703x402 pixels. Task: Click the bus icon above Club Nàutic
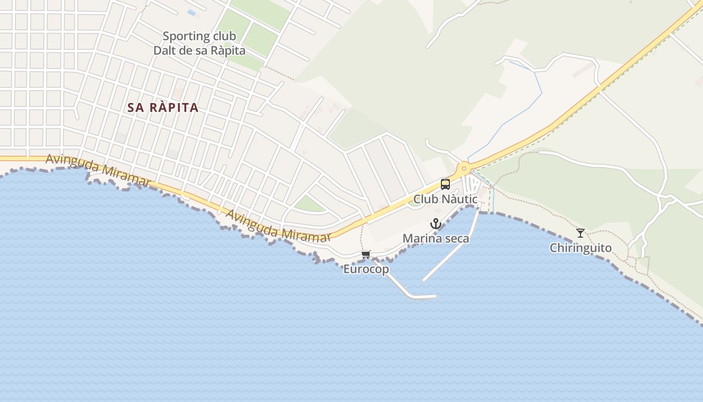coord(445,184)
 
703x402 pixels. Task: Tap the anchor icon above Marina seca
coord(436,224)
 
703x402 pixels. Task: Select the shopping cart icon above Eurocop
coord(366,255)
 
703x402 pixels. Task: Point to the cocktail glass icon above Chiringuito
coord(580,233)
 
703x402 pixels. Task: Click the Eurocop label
coord(366,269)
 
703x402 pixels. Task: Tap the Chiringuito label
coord(580,248)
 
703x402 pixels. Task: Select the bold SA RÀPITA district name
coord(163,108)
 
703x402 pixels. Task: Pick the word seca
coord(457,239)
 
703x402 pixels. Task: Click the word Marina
coord(423,239)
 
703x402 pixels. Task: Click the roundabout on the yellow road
coord(464,168)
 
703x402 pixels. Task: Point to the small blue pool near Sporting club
coord(191,12)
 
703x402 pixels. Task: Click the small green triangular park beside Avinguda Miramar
coord(308,204)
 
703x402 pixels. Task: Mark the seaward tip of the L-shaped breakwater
coord(434,296)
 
